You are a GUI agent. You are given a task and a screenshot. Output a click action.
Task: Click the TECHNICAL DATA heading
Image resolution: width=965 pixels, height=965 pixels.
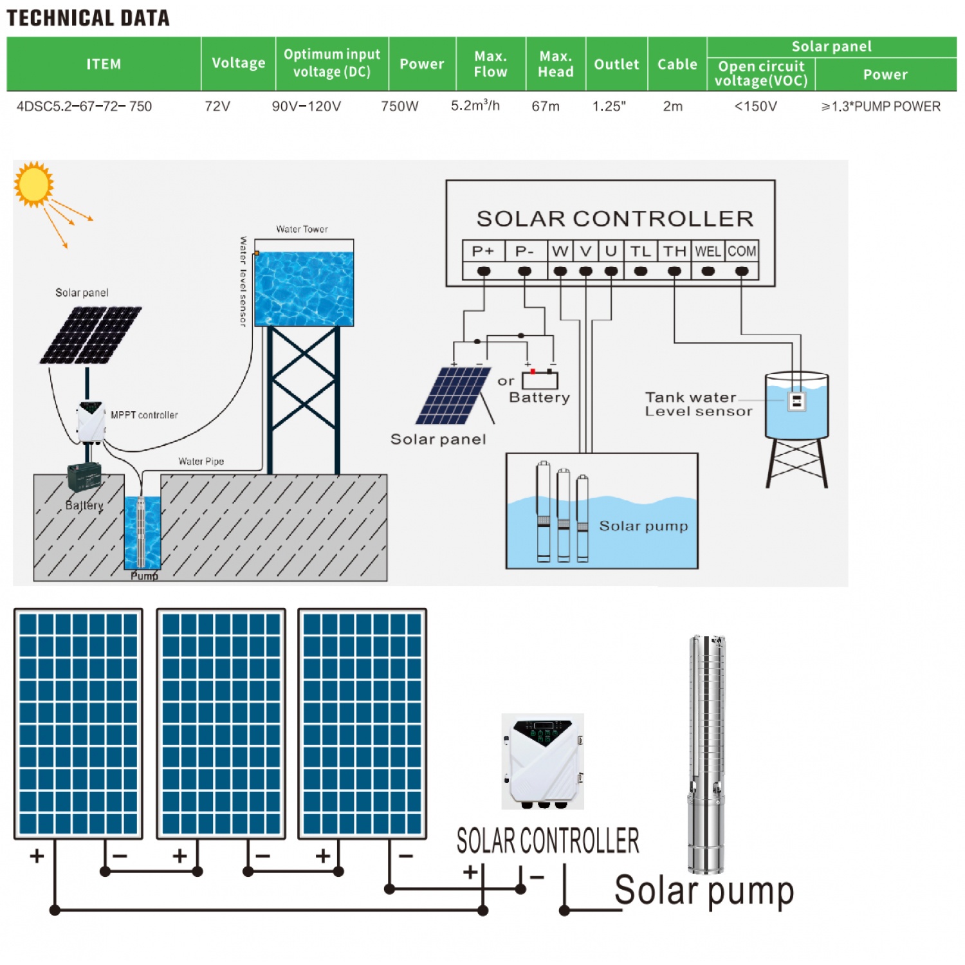coord(88,18)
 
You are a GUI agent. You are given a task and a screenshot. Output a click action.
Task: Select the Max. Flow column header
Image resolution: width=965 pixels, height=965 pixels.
coord(490,64)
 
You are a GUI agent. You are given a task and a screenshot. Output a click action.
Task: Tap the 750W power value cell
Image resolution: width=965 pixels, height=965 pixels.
coord(400,106)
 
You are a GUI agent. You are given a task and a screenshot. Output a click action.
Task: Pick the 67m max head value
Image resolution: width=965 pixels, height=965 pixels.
coord(546,106)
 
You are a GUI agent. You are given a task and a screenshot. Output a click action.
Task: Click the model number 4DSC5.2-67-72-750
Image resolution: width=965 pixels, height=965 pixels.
coord(84,106)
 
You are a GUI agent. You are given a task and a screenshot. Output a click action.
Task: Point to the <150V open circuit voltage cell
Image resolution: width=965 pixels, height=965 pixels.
coord(756,106)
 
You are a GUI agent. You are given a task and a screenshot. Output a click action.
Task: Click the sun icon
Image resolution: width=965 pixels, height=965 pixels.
coord(33,185)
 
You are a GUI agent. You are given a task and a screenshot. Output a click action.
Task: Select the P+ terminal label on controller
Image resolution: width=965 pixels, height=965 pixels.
coord(483,251)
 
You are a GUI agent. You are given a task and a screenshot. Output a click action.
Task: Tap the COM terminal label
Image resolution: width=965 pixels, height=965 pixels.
coord(742,251)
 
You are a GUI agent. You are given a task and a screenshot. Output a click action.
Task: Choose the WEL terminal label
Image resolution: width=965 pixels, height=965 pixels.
coord(708,251)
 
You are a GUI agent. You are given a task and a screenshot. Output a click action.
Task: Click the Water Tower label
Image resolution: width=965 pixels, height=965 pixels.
coord(302,229)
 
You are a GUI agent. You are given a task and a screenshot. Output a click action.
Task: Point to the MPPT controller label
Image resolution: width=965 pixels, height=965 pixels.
coord(144,415)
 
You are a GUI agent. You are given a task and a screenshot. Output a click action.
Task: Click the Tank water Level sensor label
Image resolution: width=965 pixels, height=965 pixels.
coord(698,404)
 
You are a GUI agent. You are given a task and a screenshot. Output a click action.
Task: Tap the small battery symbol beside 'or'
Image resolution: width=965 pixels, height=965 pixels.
coord(540,380)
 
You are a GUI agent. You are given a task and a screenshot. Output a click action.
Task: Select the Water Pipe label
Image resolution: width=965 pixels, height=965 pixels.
coord(201,461)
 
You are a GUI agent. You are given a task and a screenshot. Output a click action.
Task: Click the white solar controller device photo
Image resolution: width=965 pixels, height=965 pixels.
coord(543,761)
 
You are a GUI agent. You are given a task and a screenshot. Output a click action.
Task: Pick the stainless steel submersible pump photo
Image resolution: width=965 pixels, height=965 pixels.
coord(706,753)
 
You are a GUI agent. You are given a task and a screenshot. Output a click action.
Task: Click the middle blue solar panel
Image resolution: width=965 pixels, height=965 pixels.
coord(221,724)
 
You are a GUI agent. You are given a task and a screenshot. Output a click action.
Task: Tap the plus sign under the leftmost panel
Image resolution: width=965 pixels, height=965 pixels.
coord(37,856)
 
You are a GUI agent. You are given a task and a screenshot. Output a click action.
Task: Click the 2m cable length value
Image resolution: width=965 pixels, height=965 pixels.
coord(673,106)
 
